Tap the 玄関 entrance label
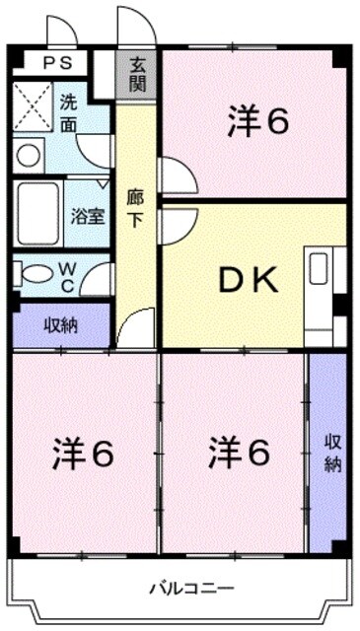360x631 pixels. pyautogui.click(x=136, y=75)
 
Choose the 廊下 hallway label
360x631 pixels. pyautogui.click(x=135, y=207)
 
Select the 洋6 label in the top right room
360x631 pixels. pyautogui.click(x=258, y=121)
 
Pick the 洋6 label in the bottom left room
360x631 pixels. pyautogui.click(x=84, y=454)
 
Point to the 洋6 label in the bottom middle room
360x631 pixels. pyautogui.click(x=239, y=454)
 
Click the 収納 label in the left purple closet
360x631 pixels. pyautogui.click(x=61, y=324)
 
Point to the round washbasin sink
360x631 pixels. pyautogui.click(x=29, y=155)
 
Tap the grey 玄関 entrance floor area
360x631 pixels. pyautogui.click(x=137, y=75)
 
